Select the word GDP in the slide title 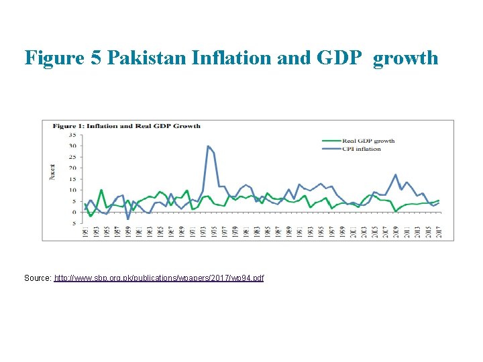click(338, 58)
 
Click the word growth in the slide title click(405, 58)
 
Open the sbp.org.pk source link click(159, 278)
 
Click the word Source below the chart click(37, 278)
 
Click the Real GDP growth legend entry click(368, 141)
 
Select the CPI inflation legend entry click(362, 149)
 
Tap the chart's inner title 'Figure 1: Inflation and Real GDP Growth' click(122, 126)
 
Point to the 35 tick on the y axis click(72, 135)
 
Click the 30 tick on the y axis click(72, 145)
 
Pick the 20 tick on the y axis click(72, 168)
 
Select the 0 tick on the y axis click(74, 212)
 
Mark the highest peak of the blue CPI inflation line click(208, 146)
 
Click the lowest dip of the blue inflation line click(128, 219)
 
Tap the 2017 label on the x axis click(439, 231)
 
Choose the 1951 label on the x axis click(85, 231)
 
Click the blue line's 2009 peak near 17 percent click(396, 175)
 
